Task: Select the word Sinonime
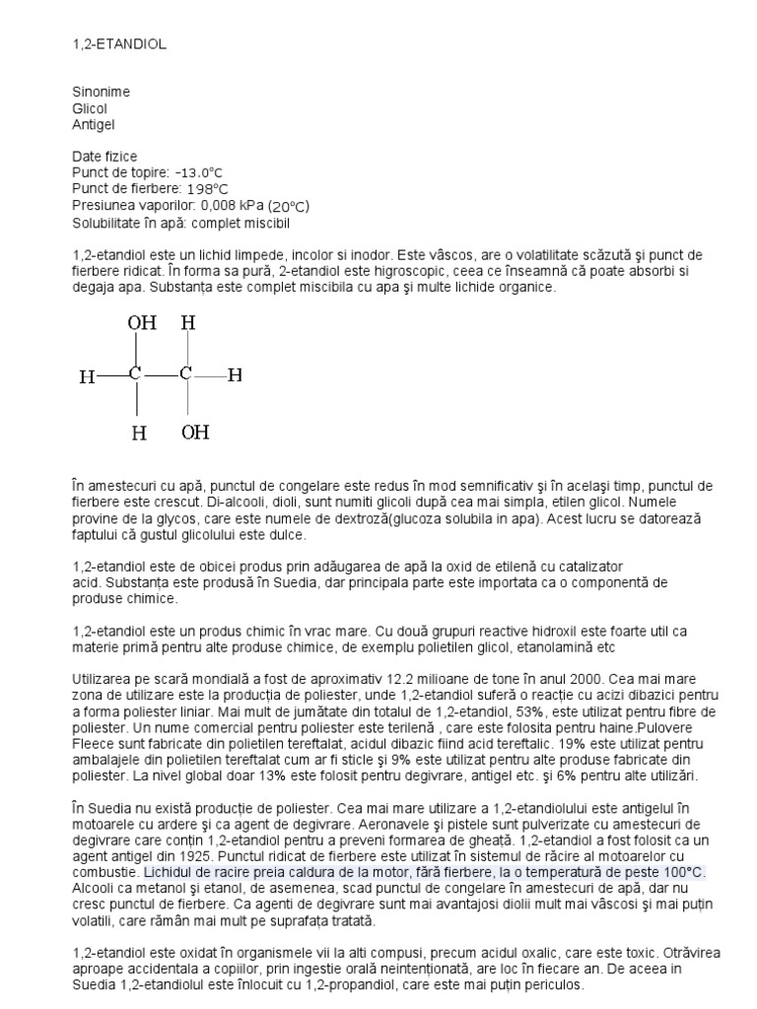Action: (x=101, y=92)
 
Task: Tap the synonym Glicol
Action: (x=89, y=108)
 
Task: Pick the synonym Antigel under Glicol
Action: (x=94, y=124)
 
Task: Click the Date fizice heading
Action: (x=104, y=157)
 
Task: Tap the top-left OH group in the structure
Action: (x=141, y=323)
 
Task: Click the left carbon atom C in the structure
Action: (x=135, y=375)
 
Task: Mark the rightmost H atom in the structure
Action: (x=236, y=375)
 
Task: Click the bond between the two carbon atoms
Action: (x=160, y=375)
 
